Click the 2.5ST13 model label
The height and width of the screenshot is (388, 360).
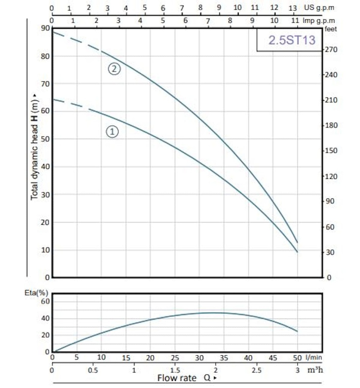[291, 40]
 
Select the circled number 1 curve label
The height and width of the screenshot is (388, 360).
[112, 131]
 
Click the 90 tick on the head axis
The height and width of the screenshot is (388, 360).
[45, 28]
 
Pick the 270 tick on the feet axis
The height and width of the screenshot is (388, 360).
[329, 50]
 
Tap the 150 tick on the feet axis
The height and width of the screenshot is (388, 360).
[329, 151]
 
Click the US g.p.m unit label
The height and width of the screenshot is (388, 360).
[319, 8]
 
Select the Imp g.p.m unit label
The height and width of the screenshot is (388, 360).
[319, 20]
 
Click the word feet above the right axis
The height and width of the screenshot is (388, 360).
[329, 28]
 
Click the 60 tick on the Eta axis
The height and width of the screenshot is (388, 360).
[45, 301]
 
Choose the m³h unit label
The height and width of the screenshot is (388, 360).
[315, 370]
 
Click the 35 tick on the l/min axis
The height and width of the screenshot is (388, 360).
[224, 358]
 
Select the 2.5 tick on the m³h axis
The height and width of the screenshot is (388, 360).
[257, 370]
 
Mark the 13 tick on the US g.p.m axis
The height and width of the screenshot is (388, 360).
[293, 8]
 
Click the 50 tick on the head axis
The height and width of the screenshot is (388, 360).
[45, 139]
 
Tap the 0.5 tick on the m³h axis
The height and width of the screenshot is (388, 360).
[92, 370]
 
